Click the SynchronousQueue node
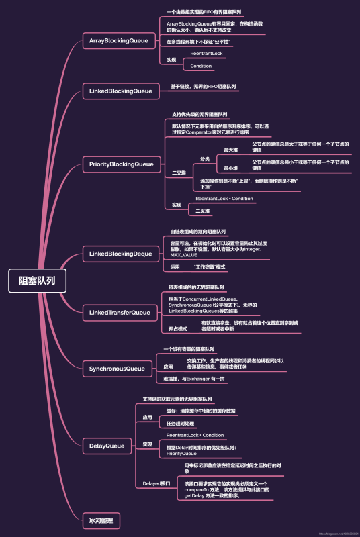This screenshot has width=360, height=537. (x=117, y=369)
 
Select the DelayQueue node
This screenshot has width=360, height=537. (x=107, y=445)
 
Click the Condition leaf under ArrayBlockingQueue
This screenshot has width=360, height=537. (x=201, y=66)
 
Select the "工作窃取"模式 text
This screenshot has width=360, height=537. (x=209, y=267)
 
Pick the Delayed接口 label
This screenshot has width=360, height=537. (x=156, y=483)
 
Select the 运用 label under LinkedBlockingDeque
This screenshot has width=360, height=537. (x=175, y=267)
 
